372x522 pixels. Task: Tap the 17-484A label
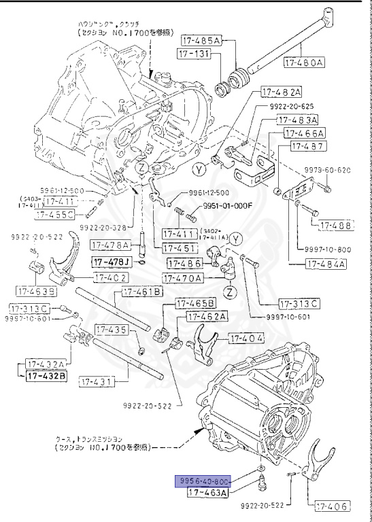tap(326, 264)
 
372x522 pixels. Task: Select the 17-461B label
tap(142, 292)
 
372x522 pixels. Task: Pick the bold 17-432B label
tap(47, 375)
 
